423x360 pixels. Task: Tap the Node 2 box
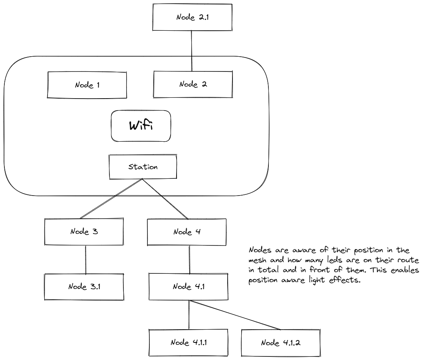192,85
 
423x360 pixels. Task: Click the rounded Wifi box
141,126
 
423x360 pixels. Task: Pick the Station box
143,167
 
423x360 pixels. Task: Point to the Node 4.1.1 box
188,342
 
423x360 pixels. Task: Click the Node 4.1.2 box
280,342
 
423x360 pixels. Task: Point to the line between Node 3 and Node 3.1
86,259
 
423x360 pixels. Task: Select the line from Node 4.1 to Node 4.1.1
189,315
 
